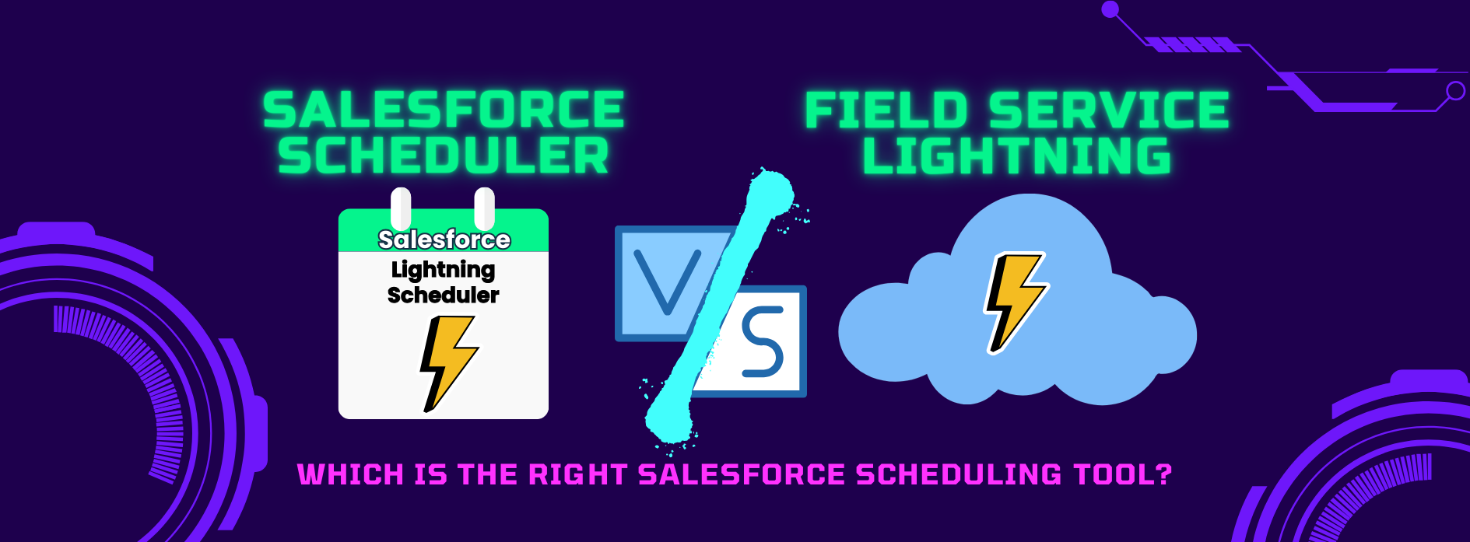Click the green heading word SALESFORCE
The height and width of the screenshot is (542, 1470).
pos(444,110)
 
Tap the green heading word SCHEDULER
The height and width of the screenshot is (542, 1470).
pos(444,156)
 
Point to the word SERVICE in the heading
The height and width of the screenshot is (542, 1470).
pos(1109,110)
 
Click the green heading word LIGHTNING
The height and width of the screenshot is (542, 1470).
pos(1017,156)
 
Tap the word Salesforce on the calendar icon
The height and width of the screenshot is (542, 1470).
pos(444,240)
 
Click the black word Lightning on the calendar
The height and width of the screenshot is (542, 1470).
pos(443,271)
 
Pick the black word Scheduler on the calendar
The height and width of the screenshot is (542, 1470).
pos(444,295)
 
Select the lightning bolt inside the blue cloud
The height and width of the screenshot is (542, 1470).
pos(1016,302)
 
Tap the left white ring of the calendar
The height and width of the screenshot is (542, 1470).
pos(401,208)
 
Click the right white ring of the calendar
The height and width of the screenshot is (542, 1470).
pos(484,208)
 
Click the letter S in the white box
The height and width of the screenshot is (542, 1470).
pos(762,342)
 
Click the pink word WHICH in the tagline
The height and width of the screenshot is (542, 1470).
pos(350,474)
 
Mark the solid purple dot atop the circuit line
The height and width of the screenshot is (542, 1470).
pos(1110,9)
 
